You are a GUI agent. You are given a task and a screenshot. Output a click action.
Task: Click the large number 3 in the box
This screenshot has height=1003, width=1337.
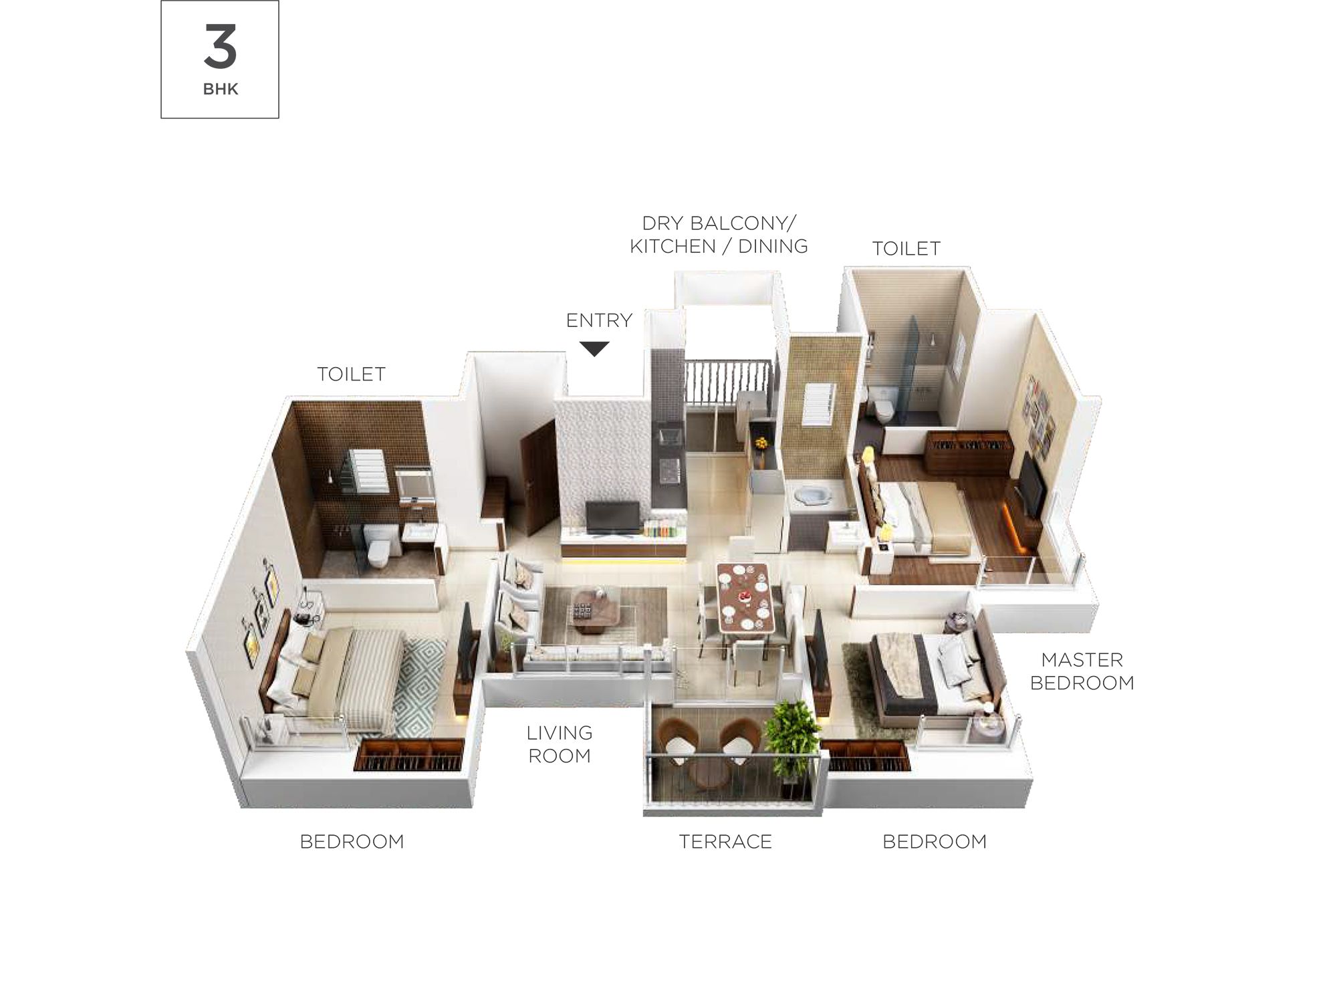220,46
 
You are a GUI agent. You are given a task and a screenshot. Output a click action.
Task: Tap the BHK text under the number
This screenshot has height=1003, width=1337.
221,89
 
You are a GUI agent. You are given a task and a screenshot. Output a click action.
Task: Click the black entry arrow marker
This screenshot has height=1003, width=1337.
594,348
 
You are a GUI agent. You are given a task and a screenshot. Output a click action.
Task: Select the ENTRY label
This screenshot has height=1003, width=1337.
599,320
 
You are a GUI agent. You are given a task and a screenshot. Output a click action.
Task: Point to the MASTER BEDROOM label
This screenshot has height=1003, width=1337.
1082,671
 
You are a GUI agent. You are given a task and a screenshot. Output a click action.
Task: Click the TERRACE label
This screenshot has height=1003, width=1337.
725,841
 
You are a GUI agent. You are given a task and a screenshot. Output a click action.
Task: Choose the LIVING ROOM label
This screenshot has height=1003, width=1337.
560,744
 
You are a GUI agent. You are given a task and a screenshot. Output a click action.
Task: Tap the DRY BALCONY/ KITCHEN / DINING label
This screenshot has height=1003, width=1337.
719,235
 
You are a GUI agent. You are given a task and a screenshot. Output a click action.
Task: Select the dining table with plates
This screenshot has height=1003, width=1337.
744,597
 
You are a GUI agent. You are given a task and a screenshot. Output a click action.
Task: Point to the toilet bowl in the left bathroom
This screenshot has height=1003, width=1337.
378,544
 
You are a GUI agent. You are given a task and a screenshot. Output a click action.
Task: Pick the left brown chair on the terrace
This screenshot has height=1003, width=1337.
679,740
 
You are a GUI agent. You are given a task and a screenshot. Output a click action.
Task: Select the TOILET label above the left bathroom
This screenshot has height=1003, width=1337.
351,374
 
